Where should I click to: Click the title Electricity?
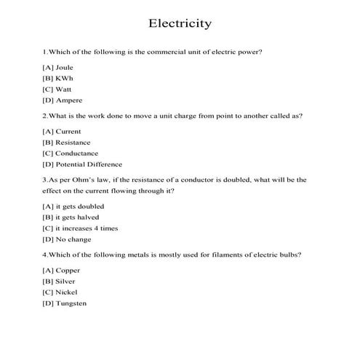(x=180, y=23)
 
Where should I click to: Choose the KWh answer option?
(x=58, y=79)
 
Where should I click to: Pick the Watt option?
(x=57, y=89)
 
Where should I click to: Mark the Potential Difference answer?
(x=82, y=164)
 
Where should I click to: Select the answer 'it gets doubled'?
(x=68, y=207)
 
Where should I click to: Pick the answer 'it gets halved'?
(x=66, y=217)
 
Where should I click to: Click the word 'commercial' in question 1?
(x=157, y=52)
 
